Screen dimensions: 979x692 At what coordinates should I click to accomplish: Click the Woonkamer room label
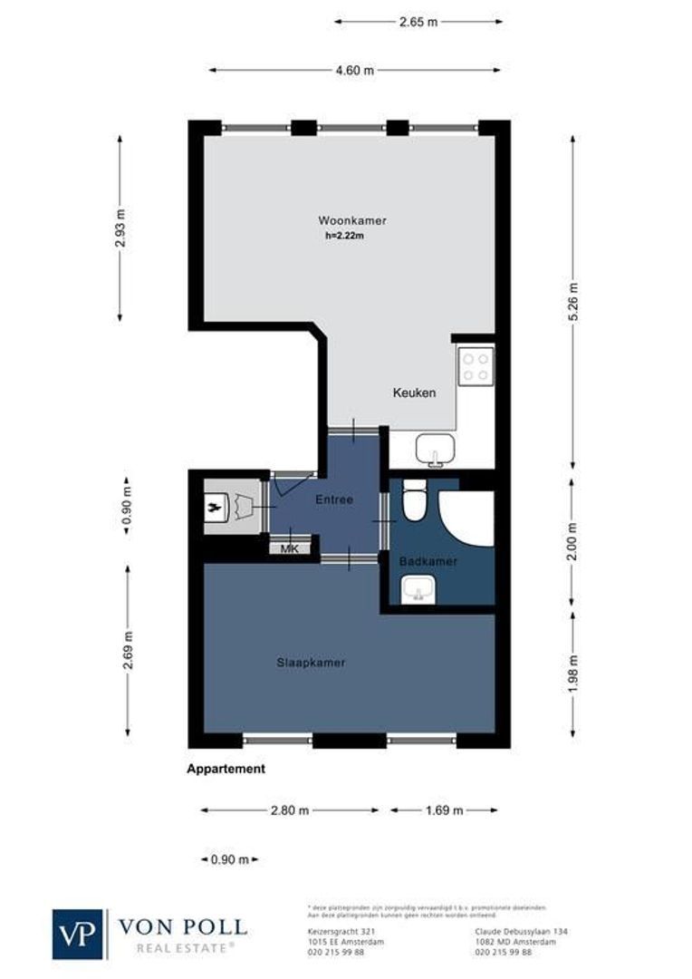coord(351,220)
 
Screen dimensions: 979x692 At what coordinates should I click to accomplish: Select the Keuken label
coord(414,393)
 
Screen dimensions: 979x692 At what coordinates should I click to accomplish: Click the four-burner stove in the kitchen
coord(476,366)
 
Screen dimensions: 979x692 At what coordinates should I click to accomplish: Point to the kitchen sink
coord(437,448)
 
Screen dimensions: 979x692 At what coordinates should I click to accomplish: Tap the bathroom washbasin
coord(418,593)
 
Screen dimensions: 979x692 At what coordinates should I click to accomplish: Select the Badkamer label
coord(428,562)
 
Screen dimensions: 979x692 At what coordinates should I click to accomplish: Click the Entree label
coord(333,500)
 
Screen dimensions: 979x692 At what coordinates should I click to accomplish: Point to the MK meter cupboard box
coord(290,548)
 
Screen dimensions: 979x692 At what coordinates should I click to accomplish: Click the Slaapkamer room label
coord(311,663)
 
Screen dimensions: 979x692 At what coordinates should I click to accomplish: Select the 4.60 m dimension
coord(356,70)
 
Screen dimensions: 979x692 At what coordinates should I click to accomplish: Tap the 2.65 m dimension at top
coord(418,22)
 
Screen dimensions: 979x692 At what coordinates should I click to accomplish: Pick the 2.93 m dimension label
coord(120,228)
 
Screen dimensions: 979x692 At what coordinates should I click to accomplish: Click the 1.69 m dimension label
coord(444,810)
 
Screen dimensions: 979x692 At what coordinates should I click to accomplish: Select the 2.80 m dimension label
coord(289,810)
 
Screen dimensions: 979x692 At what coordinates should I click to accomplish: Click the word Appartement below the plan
coord(226,769)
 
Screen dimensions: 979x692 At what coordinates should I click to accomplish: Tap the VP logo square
coord(79,934)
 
